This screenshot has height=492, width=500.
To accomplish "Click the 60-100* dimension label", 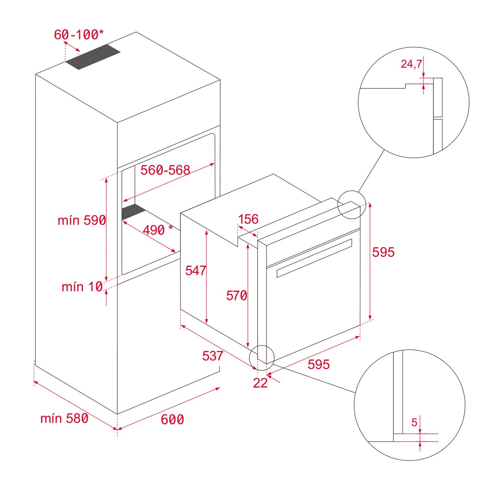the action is tap(79, 34).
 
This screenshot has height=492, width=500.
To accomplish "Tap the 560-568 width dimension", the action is tap(165, 170).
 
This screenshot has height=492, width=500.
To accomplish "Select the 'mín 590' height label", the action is tap(82, 220).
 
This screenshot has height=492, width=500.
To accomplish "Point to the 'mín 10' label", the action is tap(82, 287).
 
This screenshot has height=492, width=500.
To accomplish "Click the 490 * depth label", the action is tap(158, 230).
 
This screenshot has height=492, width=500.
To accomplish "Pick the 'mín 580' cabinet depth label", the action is tap(64, 418).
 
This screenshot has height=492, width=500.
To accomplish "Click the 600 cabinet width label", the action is tap(173, 419).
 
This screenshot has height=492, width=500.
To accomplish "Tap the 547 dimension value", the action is tap(196, 271).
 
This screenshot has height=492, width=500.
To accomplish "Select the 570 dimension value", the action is tap(237, 296).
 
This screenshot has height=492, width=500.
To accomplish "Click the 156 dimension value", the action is tap(248, 219).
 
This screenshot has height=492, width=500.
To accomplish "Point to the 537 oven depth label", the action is tap(213, 356).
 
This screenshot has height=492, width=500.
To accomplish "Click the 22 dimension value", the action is tap(260, 383).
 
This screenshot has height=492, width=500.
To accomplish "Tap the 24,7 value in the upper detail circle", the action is tap(411, 64).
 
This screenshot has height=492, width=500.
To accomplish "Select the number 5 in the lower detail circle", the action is tap(414, 423).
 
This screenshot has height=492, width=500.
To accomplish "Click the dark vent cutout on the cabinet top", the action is tap(93, 57).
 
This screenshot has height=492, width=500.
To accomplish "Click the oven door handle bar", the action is tap(314, 258).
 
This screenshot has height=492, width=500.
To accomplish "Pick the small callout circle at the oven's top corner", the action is tap(352, 205).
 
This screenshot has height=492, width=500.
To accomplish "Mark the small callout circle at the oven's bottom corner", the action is tap(262, 358).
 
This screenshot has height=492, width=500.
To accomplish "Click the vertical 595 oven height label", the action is tap(383, 252).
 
